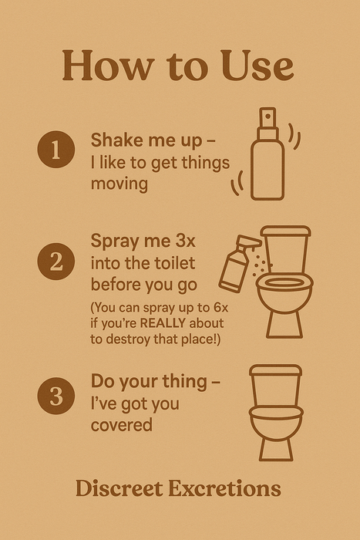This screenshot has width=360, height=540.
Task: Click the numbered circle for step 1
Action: click(x=56, y=149)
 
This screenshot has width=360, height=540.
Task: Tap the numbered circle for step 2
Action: click(x=56, y=261)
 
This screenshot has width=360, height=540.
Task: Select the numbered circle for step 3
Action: click(x=56, y=395)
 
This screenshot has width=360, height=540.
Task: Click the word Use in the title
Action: click(x=257, y=66)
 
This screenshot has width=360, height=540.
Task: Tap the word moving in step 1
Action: click(x=119, y=184)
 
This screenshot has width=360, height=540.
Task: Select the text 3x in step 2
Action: click(x=185, y=241)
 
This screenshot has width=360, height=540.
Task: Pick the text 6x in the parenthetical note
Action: click(x=220, y=307)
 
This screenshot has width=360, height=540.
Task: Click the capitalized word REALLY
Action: click(x=163, y=323)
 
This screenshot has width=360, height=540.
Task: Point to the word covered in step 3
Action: click(x=122, y=424)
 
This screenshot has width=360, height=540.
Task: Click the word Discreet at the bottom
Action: click(x=119, y=488)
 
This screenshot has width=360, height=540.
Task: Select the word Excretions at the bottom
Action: click(x=225, y=488)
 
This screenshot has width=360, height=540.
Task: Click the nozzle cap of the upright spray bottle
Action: click(x=267, y=118)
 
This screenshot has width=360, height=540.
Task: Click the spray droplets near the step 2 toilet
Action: click(x=261, y=266)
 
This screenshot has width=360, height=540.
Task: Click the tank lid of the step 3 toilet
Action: click(x=275, y=370)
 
